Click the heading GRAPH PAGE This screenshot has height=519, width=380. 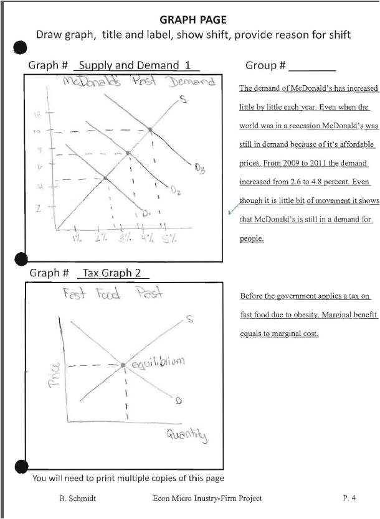(x=192, y=21)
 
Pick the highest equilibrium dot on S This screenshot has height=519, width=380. (x=150, y=130)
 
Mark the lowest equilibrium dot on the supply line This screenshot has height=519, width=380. (x=105, y=178)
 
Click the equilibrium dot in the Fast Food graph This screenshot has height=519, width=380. (x=123, y=364)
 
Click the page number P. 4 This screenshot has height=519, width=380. (x=349, y=498)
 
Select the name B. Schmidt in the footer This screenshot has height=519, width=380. (x=77, y=498)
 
